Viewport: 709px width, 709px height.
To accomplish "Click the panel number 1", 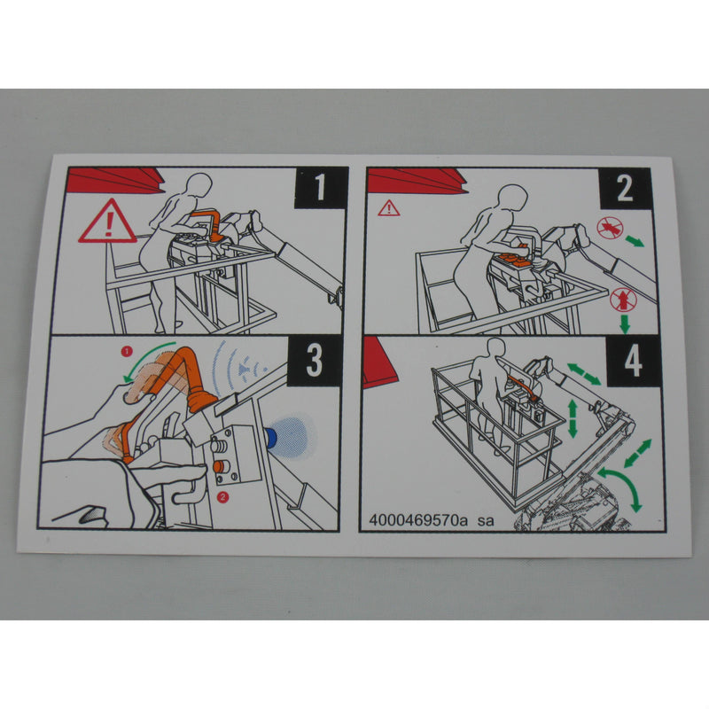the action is pos(320,186).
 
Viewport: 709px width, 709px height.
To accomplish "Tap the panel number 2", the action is pos(625,188).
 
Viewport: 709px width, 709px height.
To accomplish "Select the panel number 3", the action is pos(315,360).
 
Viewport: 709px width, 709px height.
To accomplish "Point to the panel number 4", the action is pos(633,362).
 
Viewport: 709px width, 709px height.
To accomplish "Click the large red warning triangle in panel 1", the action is pos(107,222).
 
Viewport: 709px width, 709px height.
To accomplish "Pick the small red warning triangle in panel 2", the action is pos(389,208).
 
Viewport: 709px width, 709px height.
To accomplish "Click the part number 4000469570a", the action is pos(418,520).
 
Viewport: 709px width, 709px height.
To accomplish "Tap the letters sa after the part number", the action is pos(486,521).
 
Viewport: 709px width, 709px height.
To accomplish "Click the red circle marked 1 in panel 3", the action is pos(127,351).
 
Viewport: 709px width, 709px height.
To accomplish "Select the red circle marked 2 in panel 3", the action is pos(222,497).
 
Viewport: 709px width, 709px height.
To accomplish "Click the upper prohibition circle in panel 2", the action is pos(610,228).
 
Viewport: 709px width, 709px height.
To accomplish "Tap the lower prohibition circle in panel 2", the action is pos(623,300).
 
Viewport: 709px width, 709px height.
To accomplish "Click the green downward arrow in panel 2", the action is pos(625,323).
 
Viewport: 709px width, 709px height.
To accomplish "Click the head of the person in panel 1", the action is pos(199,184).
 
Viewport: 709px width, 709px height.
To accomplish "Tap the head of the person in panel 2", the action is pos(512,197).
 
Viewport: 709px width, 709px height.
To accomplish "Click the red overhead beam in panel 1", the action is pos(115,180).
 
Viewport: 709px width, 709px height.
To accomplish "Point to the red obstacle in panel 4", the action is pos(378,361).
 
